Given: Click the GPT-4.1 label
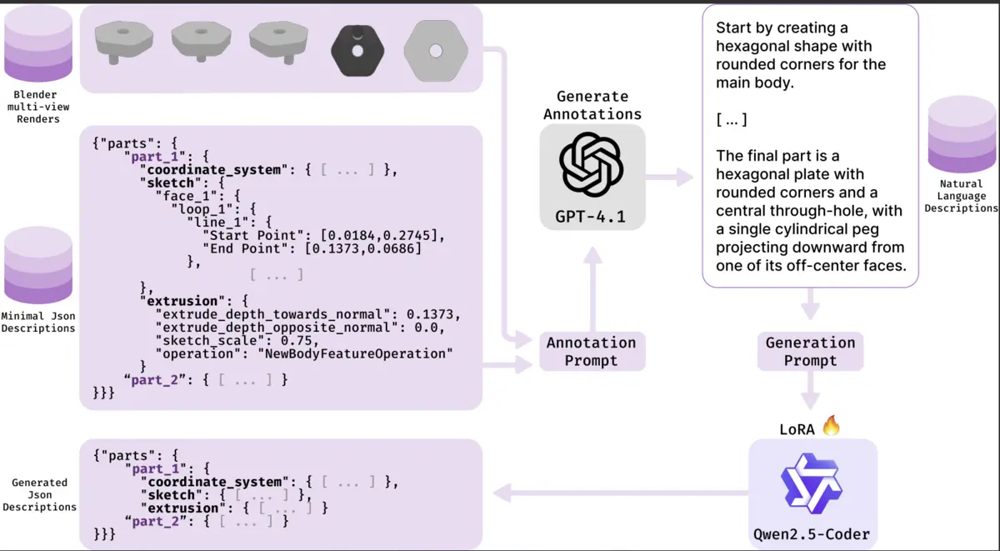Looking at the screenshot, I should point(591,218).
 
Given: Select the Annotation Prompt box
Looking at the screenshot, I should point(591,351).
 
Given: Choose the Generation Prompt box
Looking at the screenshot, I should point(810,351).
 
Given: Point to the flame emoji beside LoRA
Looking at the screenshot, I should point(831,427).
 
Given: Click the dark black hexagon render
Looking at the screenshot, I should point(357,50).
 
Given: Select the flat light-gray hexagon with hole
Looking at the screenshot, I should point(434,50).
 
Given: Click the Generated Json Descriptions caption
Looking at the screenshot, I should point(39,494).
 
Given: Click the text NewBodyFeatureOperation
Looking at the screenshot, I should point(358,353).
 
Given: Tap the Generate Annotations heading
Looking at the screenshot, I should point(592,105).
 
